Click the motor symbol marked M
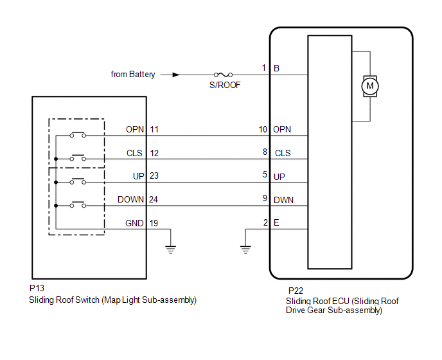(x=369, y=85)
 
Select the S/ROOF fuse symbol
(x=225, y=75)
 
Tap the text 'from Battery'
(x=133, y=75)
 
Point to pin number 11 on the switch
(x=154, y=129)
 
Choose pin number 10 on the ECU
(x=263, y=129)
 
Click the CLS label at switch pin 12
(x=135, y=153)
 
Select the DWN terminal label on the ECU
(x=283, y=200)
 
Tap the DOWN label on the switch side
(x=131, y=199)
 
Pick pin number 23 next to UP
(x=154, y=176)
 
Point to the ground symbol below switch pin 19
(x=170, y=249)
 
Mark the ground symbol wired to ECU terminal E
(x=245, y=249)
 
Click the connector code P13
(x=37, y=289)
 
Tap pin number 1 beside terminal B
(x=263, y=67)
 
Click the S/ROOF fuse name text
(x=225, y=85)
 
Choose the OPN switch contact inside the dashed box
(x=78, y=135)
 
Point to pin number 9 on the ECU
(x=265, y=199)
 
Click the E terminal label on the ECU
(x=276, y=223)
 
